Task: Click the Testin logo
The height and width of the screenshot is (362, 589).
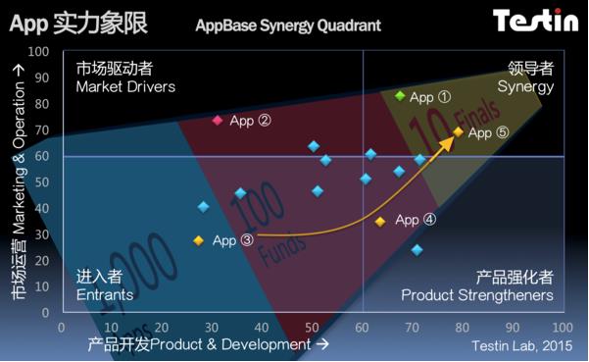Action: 534,21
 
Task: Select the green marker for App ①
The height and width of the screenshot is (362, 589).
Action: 400,95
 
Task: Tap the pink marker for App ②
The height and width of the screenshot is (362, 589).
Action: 218,121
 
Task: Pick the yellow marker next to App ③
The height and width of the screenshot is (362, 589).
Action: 199,240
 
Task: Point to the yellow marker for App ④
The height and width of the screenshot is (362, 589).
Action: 380,222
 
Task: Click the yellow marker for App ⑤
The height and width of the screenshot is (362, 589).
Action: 459,131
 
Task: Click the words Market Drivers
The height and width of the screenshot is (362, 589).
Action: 125,87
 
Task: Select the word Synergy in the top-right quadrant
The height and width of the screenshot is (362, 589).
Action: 525,87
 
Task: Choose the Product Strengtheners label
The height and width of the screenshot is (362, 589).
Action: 477,295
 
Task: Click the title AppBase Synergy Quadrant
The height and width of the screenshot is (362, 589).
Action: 288,25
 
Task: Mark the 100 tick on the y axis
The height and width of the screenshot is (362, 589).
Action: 40,52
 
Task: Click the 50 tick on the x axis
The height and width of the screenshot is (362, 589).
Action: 312,327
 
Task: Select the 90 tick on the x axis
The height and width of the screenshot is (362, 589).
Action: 512,327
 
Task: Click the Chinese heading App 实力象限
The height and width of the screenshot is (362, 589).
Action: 78,24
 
